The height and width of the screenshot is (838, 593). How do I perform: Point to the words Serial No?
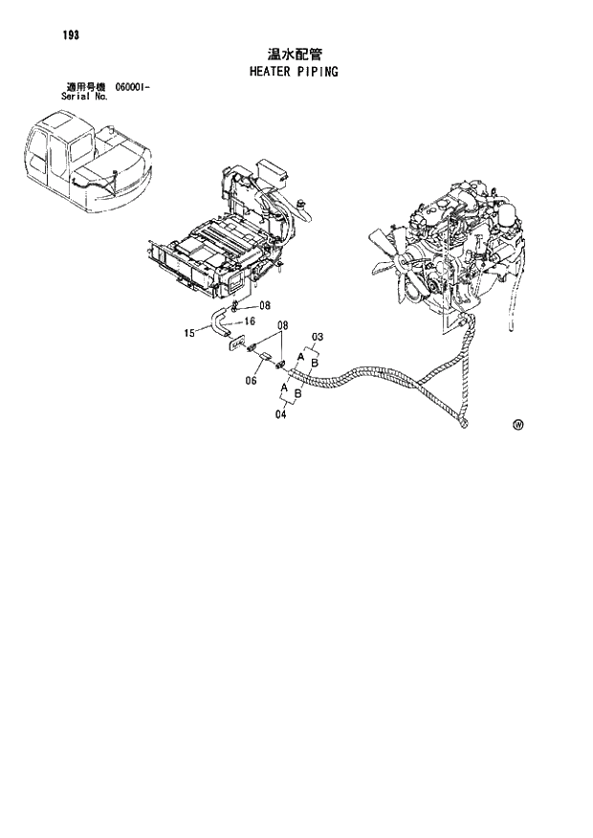pyautogui.click(x=82, y=97)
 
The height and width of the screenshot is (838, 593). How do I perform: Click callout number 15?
pyautogui.click(x=189, y=334)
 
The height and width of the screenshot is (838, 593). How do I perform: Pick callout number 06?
pyautogui.click(x=252, y=380)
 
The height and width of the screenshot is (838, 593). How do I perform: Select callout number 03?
pyautogui.click(x=318, y=337)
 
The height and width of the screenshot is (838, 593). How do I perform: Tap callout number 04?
pyautogui.click(x=282, y=414)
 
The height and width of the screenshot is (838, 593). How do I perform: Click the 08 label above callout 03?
pyautogui.click(x=282, y=326)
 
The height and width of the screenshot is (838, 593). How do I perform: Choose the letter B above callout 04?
pyautogui.click(x=298, y=393)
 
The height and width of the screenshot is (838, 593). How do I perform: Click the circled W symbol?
pyautogui.click(x=518, y=424)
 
